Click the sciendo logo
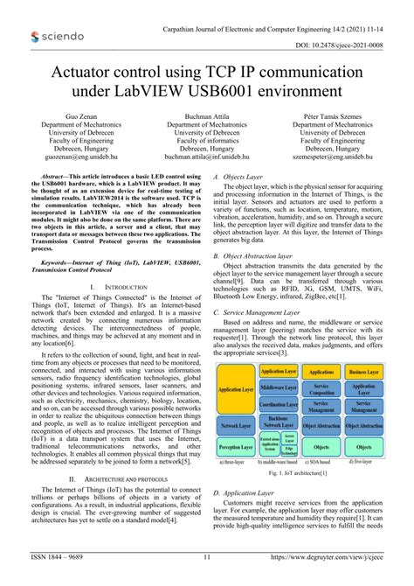coord(58,36)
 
